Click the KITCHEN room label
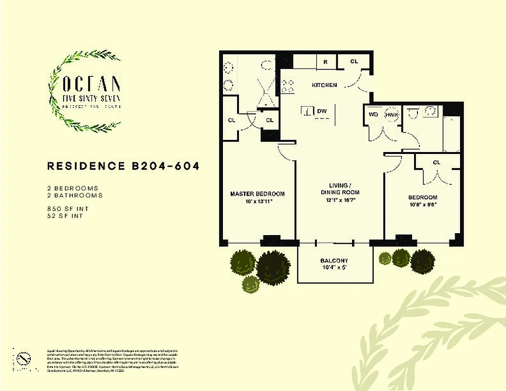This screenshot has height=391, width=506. pyautogui.click(x=325, y=85)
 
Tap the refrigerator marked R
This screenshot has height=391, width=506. pyautogui.click(x=325, y=62)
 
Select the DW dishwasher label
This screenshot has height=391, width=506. pyautogui.click(x=322, y=111)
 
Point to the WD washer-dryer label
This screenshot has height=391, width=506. pyautogui.click(x=374, y=114)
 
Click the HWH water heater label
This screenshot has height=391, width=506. pyautogui.click(x=391, y=114)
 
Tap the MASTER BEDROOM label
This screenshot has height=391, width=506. pyautogui.click(x=257, y=194)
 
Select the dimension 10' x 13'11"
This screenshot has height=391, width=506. pyautogui.click(x=257, y=201)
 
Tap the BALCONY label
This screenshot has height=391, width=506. pyautogui.click(x=334, y=261)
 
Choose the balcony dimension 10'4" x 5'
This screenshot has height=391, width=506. pyautogui.click(x=334, y=267)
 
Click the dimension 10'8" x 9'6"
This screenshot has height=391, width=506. pyautogui.click(x=422, y=205)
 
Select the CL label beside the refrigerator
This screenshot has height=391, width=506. pyautogui.click(x=354, y=62)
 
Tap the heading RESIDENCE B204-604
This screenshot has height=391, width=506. pyautogui.click(x=123, y=166)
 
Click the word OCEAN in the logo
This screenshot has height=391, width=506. pyautogui.click(x=91, y=84)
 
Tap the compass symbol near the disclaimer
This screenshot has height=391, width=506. pyautogui.click(x=22, y=359)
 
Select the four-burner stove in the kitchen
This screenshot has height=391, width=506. pyautogui.click(x=288, y=86)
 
